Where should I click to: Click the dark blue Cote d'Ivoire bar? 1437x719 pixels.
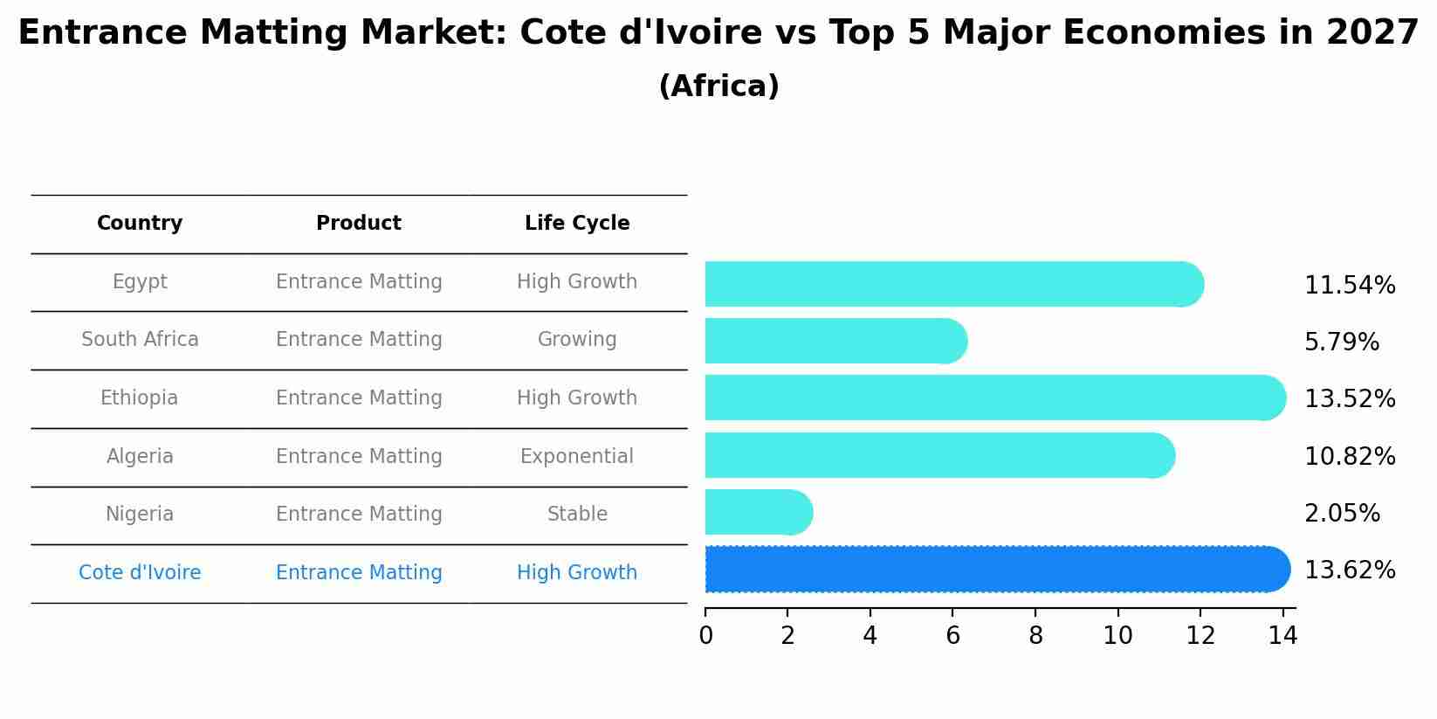pyautogui.click(x=995, y=570)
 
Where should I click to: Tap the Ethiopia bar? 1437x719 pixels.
pyautogui.click(x=994, y=398)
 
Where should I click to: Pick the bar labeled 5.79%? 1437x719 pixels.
pyautogui.click(x=835, y=341)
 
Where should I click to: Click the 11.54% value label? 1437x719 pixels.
pyautogui.click(x=1349, y=286)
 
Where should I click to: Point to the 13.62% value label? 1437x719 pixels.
pyautogui.click(x=1349, y=570)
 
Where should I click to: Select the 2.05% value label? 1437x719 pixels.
pyautogui.click(x=1342, y=514)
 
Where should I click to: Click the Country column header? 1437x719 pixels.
pyautogui.click(x=140, y=224)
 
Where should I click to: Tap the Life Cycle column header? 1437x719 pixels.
pyautogui.click(x=577, y=224)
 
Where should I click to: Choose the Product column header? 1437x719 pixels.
pyautogui.click(x=359, y=224)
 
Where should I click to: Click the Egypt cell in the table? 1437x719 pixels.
pyautogui.click(x=140, y=282)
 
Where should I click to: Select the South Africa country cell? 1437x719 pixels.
pyautogui.click(x=140, y=340)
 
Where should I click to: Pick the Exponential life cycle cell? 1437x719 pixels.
pyautogui.click(x=577, y=457)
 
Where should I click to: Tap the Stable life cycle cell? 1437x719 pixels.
pyautogui.click(x=577, y=515)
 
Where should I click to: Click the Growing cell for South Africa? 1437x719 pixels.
pyautogui.click(x=577, y=340)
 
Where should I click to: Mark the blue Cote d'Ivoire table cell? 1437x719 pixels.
pyautogui.click(x=140, y=573)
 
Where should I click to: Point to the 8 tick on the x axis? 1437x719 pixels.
pyautogui.click(x=1035, y=636)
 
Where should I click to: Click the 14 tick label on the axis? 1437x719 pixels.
pyautogui.click(x=1282, y=636)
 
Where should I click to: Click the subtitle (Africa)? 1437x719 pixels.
pyautogui.click(x=718, y=86)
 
